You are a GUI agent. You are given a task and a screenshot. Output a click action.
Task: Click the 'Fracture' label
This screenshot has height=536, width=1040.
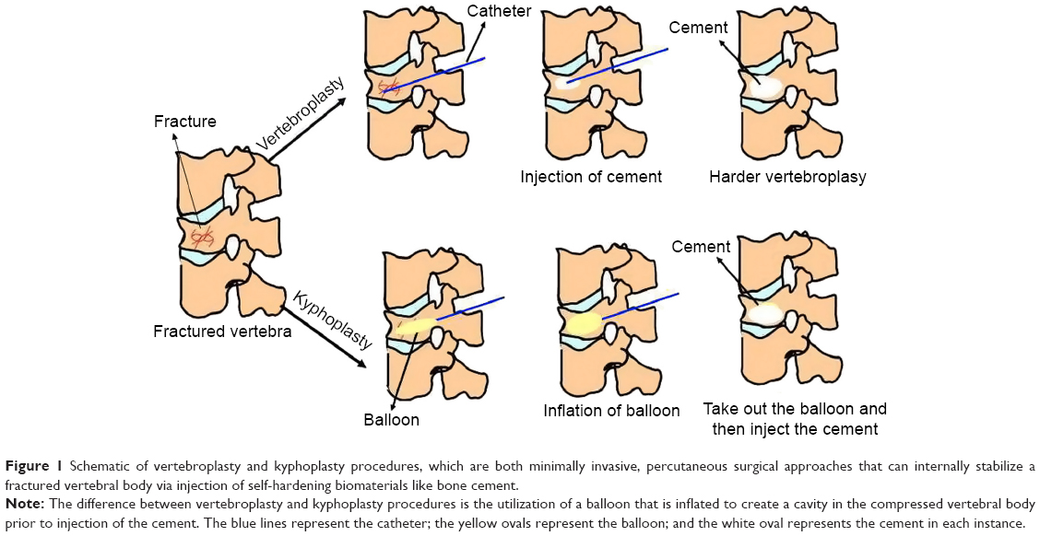click(x=184, y=122)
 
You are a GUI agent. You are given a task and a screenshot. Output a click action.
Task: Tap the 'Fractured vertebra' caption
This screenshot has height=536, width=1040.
click(x=222, y=332)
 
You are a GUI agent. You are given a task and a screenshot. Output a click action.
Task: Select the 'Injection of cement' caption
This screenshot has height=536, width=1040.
click(x=591, y=177)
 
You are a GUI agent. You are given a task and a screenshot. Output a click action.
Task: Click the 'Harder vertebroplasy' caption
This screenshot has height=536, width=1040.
click(x=787, y=177)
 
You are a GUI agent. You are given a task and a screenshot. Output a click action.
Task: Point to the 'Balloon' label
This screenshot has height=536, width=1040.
click(x=391, y=420)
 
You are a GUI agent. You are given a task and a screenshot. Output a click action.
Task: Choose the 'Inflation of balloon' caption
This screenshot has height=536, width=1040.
click(x=611, y=411)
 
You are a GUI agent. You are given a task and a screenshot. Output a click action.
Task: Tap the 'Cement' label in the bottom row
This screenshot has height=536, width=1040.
click(x=701, y=247)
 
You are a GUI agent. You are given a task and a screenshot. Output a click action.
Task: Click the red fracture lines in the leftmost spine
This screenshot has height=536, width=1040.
click(x=202, y=237)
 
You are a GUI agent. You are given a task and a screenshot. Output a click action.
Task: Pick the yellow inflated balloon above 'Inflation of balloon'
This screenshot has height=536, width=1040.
click(x=584, y=322)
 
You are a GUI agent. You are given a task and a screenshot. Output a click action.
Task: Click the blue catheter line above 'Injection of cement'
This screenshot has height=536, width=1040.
click(x=616, y=64)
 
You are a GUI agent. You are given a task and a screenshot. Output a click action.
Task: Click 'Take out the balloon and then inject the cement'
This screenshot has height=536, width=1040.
click(x=795, y=419)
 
